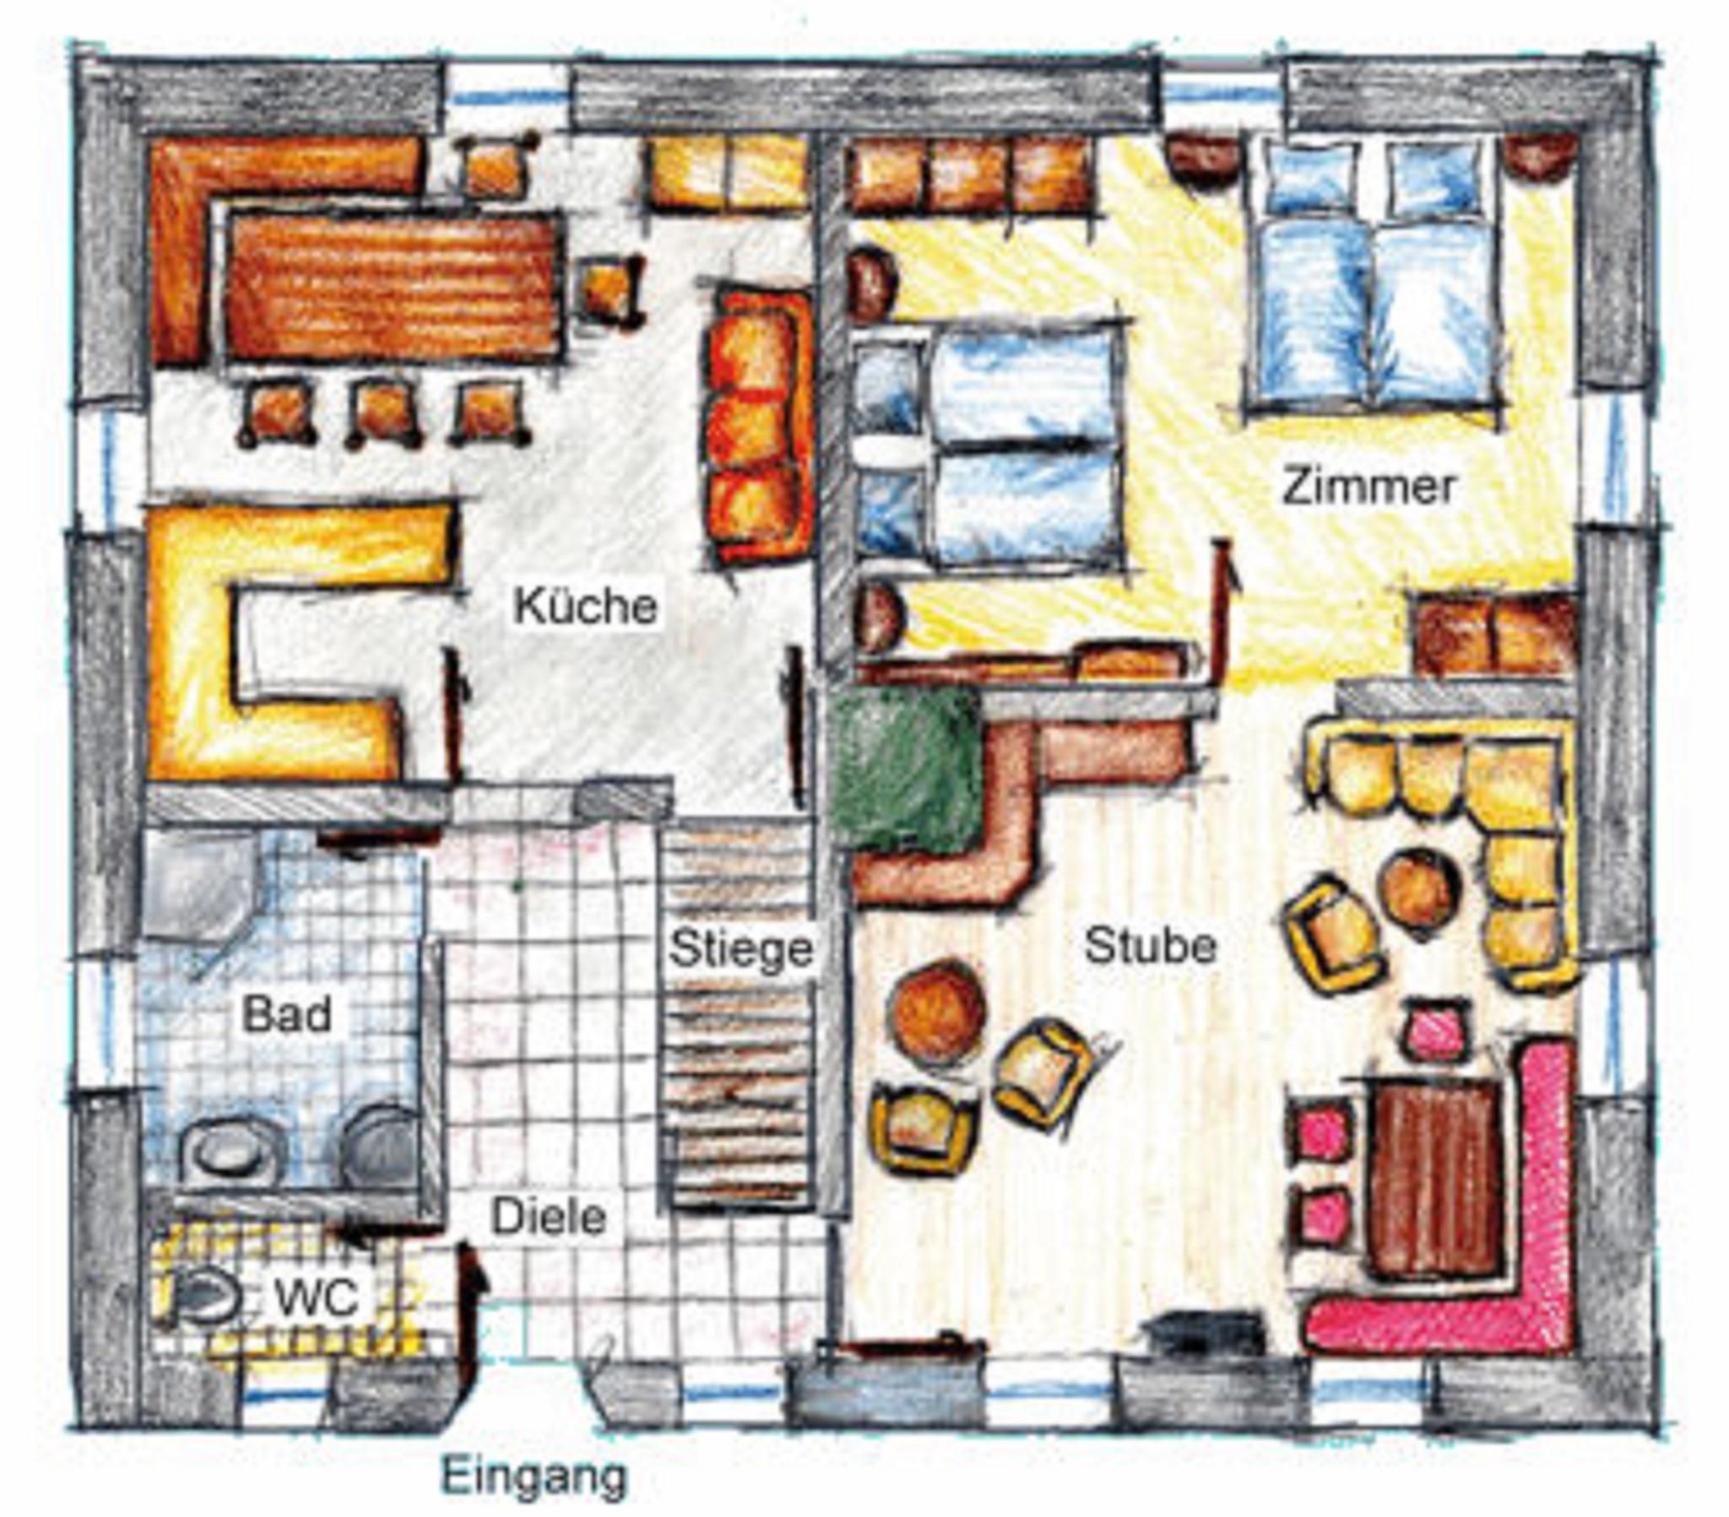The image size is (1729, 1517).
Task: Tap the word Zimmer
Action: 1368,488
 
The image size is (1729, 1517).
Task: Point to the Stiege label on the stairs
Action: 741,950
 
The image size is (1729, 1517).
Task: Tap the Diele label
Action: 549,1217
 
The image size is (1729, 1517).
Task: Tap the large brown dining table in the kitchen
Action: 394,287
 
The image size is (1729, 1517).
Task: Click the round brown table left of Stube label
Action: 939,1011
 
